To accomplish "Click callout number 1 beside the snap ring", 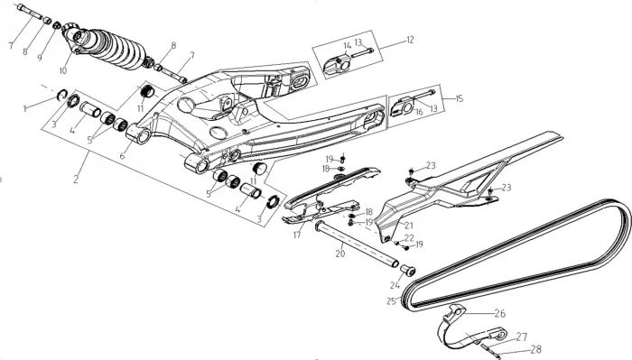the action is pyautogui.click(x=25, y=109).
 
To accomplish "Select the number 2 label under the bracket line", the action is pyautogui.click(x=76, y=180).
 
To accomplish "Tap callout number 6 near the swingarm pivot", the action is pyautogui.click(x=122, y=156).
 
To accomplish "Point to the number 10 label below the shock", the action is pyautogui.click(x=63, y=71).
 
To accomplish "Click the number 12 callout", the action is pyautogui.click(x=410, y=40).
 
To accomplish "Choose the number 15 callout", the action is pyautogui.click(x=459, y=98).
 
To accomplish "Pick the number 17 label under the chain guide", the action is pyautogui.click(x=297, y=235).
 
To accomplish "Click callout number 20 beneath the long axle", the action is pyautogui.click(x=340, y=254).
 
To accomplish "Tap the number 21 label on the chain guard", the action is pyautogui.click(x=409, y=225).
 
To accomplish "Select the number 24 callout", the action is pyautogui.click(x=395, y=285).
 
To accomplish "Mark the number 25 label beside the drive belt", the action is pyautogui.click(x=391, y=301).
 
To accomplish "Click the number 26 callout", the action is pyautogui.click(x=500, y=313).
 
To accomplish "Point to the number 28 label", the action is pyautogui.click(x=535, y=349).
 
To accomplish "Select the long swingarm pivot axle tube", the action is pyautogui.click(x=357, y=244).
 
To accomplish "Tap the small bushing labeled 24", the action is pyautogui.click(x=407, y=270).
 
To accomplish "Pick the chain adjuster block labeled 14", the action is pyautogui.click(x=338, y=64).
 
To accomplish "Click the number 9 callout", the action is pyautogui.click(x=40, y=58).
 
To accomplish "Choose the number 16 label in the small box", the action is pyautogui.click(x=419, y=112).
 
